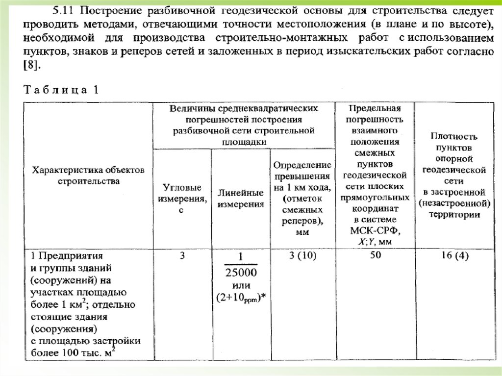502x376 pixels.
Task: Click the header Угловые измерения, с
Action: (182, 199)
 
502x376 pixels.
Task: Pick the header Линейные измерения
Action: (241, 199)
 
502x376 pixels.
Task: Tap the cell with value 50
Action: (375, 255)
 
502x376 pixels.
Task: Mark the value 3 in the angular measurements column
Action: (182, 255)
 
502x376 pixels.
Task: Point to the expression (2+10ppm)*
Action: (241, 297)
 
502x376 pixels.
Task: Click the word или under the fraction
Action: (241, 285)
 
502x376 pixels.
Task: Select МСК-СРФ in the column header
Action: (375, 230)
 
